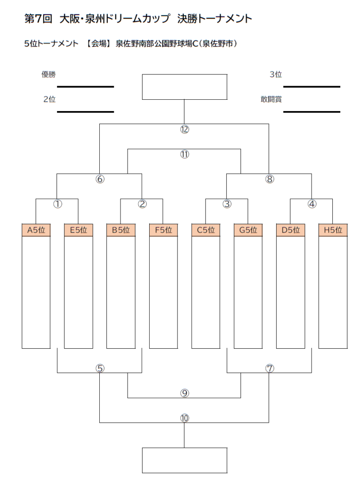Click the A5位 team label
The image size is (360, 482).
coord(36,230)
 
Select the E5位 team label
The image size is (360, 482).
coord(79,230)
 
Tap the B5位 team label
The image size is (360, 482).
coord(121,230)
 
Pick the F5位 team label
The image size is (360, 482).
coord(163,230)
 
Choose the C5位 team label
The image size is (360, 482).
coord(206,230)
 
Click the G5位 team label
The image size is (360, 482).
coord(248,230)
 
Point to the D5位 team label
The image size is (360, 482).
coord(290,230)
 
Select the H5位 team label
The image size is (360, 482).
coord(333,230)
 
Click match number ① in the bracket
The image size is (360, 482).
coord(57,204)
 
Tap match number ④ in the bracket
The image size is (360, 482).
coord(312,204)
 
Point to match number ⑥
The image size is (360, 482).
coord(100,179)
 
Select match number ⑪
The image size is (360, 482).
coord(184,154)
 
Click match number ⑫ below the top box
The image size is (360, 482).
coord(184,129)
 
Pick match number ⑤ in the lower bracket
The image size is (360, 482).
coord(100,368)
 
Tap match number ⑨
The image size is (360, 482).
coord(184,393)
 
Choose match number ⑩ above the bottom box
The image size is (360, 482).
coord(184,418)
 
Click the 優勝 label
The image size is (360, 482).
coord(48,74)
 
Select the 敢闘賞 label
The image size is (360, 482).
coord(271,99)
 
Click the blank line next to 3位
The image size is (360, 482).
coord(312,87)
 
